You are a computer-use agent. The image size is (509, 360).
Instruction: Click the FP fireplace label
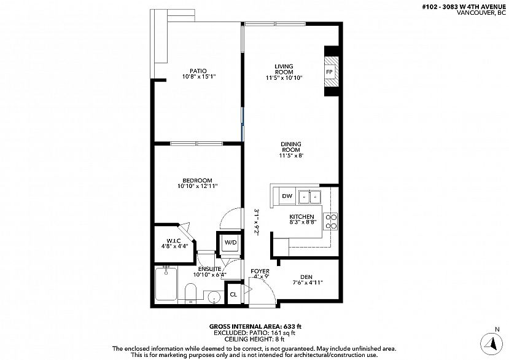[x=330, y=72]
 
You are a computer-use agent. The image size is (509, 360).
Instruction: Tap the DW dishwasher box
[x=287, y=196]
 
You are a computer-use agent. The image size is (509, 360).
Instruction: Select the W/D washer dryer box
[x=230, y=243]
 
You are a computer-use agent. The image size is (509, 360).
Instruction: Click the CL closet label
[x=233, y=295]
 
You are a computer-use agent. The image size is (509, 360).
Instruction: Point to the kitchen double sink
[x=309, y=196]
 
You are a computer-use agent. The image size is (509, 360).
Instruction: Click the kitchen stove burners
[x=330, y=222]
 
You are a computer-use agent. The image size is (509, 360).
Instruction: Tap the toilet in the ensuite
[x=190, y=293]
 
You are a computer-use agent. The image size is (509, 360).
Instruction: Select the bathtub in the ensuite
[x=166, y=284]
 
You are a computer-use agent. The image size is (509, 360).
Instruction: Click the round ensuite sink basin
[x=214, y=297]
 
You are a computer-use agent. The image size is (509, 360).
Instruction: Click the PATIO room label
[x=198, y=71]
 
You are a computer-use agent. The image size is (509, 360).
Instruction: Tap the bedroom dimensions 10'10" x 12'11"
[x=197, y=186]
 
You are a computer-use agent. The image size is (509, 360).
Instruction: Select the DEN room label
[x=306, y=277]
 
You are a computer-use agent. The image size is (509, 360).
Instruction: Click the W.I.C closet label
[x=174, y=240]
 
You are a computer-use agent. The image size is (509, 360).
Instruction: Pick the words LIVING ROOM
[x=284, y=69]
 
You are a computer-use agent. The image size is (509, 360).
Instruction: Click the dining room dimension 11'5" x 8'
[x=291, y=155]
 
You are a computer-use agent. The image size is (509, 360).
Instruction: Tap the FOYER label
[x=260, y=271]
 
